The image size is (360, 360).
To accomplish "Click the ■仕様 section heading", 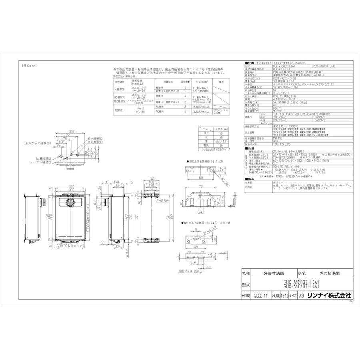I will (x=248, y=63).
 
